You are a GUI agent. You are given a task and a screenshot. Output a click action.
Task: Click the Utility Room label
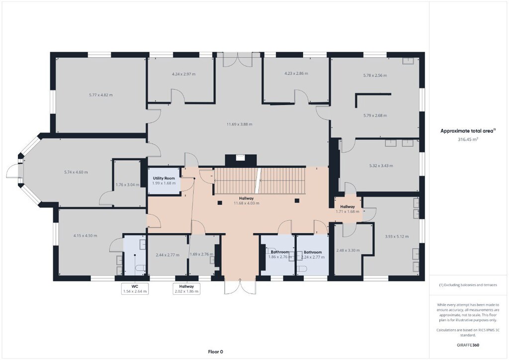164,178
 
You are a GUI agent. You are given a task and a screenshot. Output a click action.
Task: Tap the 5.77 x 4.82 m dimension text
101,95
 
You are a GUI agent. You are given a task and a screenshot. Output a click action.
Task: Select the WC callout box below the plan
135,288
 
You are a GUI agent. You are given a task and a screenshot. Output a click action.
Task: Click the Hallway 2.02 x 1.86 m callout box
186,288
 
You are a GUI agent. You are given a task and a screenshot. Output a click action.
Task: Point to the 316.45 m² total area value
468,139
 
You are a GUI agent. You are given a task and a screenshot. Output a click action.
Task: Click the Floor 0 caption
216,352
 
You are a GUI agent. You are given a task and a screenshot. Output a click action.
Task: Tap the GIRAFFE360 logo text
468,345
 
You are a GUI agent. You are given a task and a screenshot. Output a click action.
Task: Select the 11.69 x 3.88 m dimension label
239,124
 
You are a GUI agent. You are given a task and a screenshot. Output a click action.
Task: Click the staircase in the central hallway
259,181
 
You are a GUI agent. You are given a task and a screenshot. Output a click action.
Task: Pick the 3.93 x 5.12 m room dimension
397,237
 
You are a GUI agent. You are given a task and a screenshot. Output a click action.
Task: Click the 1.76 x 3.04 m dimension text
128,185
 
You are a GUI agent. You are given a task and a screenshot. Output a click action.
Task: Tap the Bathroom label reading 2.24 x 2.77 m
313,255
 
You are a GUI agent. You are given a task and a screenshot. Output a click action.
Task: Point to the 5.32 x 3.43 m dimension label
381,166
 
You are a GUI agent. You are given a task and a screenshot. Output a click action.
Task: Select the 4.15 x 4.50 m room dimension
85,236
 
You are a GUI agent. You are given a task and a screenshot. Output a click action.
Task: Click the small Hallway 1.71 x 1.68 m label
347,209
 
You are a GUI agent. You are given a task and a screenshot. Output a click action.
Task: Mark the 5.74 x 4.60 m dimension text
76,173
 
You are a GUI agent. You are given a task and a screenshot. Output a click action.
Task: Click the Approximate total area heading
468,131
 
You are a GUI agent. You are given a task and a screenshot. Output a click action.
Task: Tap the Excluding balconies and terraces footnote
468,285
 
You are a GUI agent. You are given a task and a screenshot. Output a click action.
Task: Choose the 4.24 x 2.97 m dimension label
184,74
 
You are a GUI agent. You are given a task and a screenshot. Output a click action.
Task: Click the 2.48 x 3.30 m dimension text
348,250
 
